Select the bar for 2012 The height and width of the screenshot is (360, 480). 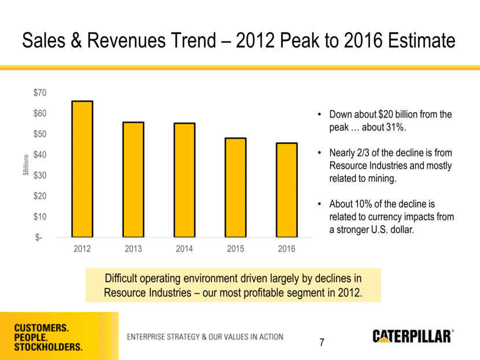(82, 169)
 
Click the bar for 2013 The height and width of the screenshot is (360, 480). (132, 180)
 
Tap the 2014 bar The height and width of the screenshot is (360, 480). (184, 180)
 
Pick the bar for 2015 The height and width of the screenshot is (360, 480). (235, 188)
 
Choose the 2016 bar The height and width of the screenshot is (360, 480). (286, 190)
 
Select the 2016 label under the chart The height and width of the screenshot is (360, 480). (286, 249)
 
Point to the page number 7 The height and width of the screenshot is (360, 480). (323, 343)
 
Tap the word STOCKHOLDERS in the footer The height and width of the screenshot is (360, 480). (48, 347)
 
